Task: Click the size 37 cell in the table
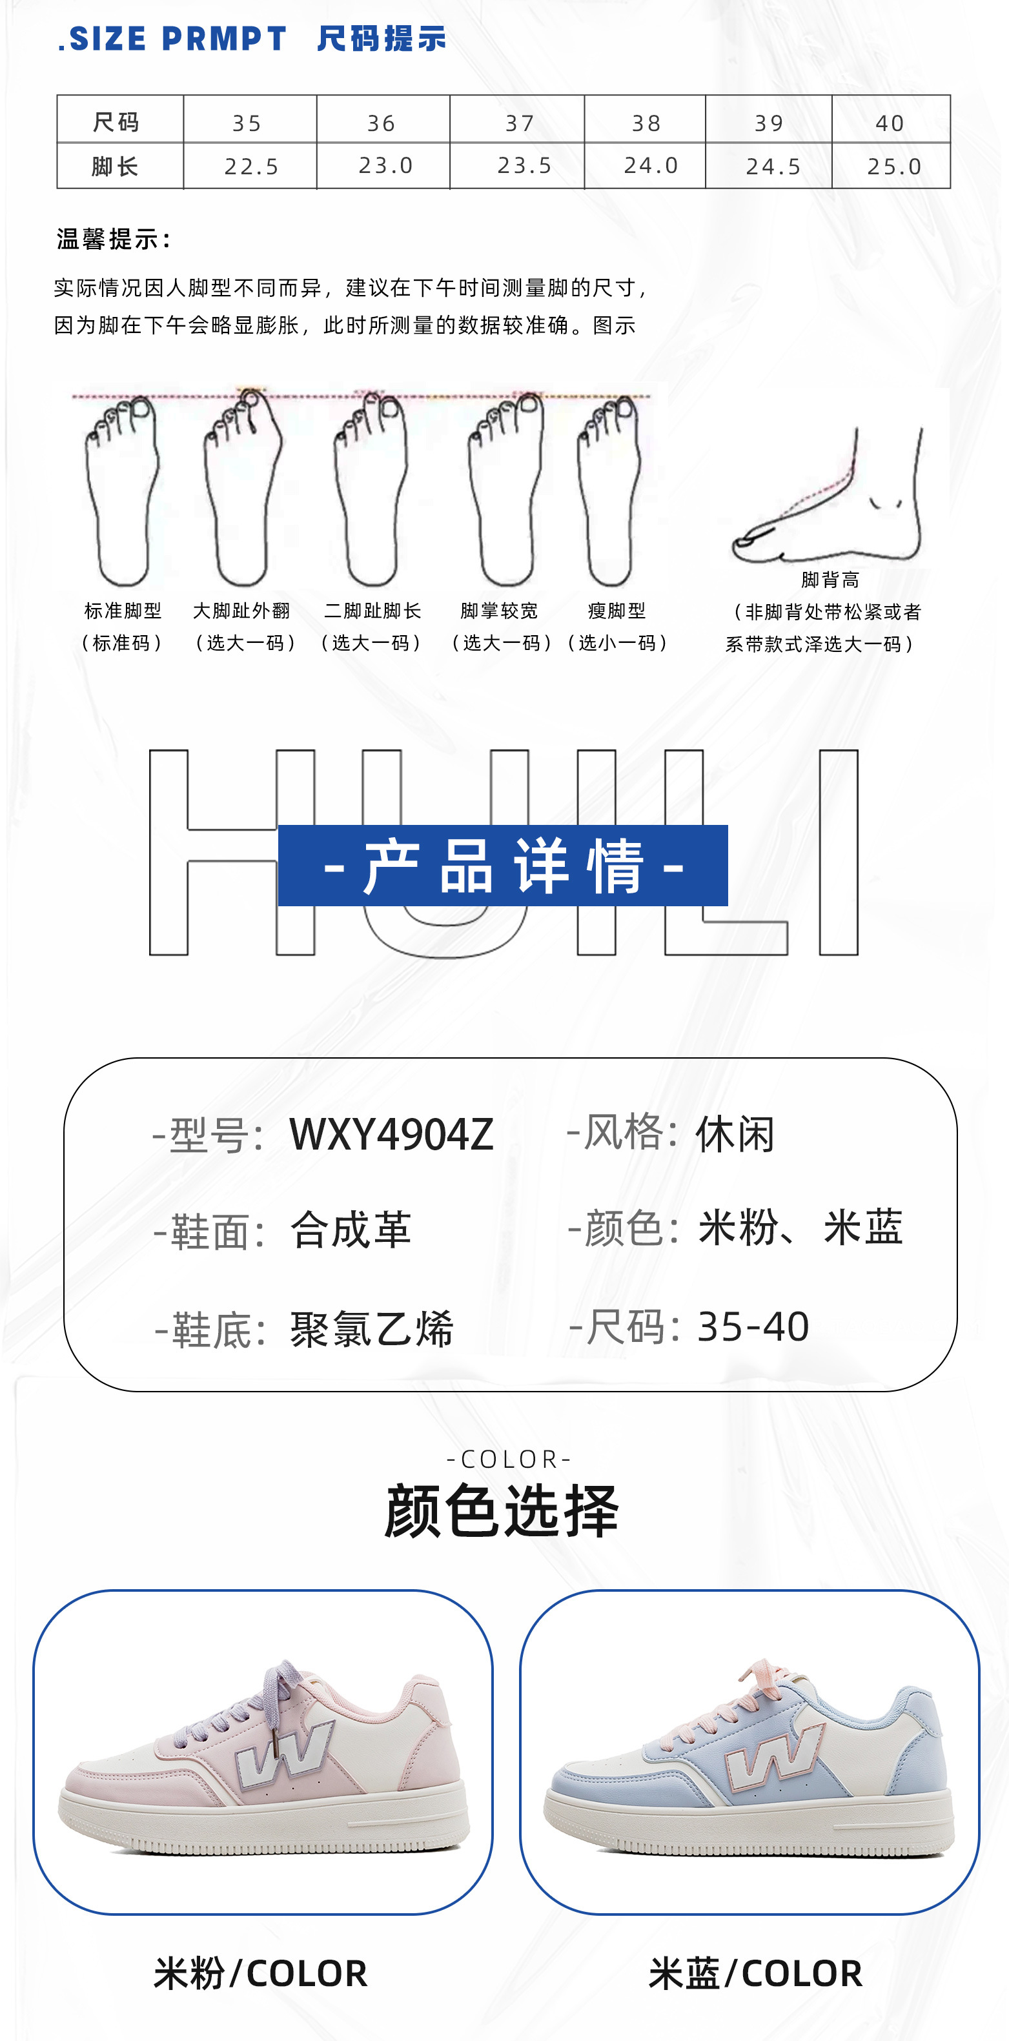pyautogui.click(x=519, y=123)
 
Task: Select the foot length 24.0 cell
pyautogui.click(x=651, y=166)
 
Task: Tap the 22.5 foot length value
pyautogui.click(x=251, y=167)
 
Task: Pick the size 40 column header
pyautogui.click(x=890, y=123)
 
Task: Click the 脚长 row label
pyautogui.click(x=116, y=167)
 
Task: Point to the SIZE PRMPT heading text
pyautogui.click(x=173, y=39)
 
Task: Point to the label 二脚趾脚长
pyautogui.click(x=372, y=611)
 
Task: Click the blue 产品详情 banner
pyautogui.click(x=502, y=865)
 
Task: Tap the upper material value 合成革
pyautogui.click(x=351, y=1230)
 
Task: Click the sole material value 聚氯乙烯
pyautogui.click(x=372, y=1328)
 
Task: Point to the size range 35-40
pyautogui.click(x=753, y=1326)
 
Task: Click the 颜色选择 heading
pyautogui.click(x=502, y=1511)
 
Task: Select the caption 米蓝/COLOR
pyautogui.click(x=755, y=1973)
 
